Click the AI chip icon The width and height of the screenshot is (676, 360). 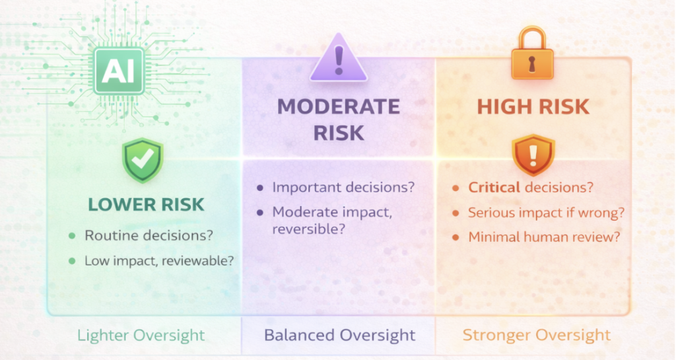click(119, 71)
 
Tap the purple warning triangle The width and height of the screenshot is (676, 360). click(339, 57)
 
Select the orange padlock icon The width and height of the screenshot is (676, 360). click(532, 54)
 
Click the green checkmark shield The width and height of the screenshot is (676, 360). click(143, 160)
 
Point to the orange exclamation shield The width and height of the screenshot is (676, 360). click(533, 155)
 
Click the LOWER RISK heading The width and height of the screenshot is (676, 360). click(146, 205)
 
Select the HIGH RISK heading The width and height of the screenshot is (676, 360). click(533, 107)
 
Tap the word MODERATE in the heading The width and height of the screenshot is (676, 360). click(339, 107)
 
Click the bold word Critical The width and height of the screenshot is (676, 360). click(494, 188)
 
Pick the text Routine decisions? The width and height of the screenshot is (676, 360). click(149, 235)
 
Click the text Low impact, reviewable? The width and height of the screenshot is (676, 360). click(159, 261)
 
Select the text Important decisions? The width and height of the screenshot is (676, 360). click(343, 188)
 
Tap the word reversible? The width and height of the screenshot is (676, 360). click(309, 229)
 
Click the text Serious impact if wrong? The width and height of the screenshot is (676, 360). click(546, 213)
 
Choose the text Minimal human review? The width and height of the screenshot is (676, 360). click(544, 236)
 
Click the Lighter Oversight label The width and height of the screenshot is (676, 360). click(141, 336)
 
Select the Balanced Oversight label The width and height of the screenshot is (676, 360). click(340, 336)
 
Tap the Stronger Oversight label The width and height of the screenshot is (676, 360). click(537, 336)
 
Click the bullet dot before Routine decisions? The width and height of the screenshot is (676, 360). click(72, 236)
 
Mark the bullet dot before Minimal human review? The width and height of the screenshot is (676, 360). click(456, 238)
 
